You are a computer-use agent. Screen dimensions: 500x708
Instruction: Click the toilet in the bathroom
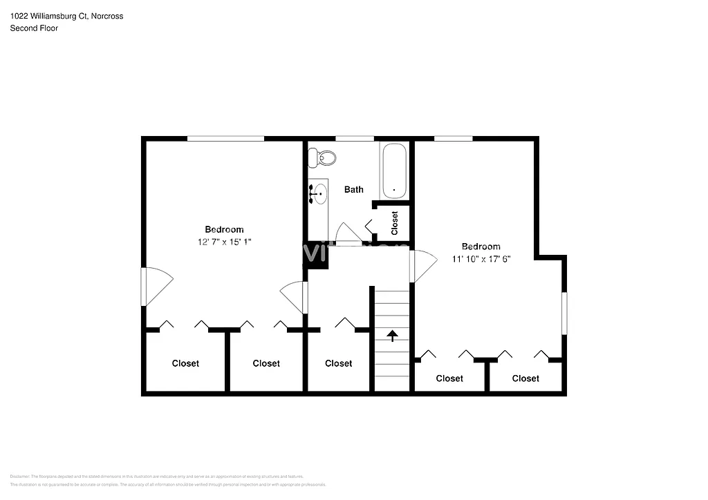tap(323, 158)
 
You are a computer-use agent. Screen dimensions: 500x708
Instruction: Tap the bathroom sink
tap(319, 194)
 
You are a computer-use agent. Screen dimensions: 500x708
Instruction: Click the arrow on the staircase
tap(392, 336)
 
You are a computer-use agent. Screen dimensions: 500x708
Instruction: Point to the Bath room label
tap(354, 189)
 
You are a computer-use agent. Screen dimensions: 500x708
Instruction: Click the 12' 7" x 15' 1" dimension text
tap(224, 242)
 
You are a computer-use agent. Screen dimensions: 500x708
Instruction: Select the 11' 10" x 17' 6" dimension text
tap(481, 259)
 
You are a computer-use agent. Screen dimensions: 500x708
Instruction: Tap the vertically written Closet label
tap(395, 224)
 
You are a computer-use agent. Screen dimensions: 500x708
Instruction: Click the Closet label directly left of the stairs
tap(338, 363)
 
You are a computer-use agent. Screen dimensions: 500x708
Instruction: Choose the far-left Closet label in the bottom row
tap(185, 363)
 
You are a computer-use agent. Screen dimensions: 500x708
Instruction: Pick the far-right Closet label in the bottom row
tap(525, 378)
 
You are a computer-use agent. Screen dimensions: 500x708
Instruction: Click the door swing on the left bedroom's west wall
tap(156, 285)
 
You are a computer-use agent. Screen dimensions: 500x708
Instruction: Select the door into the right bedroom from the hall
tap(422, 266)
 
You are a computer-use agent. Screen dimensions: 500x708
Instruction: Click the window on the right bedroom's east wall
tap(564, 314)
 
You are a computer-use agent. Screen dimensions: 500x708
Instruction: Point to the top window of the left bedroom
tap(225, 139)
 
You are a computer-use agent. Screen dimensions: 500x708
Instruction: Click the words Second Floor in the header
tap(34, 28)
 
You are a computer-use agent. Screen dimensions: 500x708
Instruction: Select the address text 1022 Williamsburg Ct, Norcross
tap(66, 16)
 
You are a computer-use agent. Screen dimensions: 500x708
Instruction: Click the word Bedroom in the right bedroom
tap(481, 247)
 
